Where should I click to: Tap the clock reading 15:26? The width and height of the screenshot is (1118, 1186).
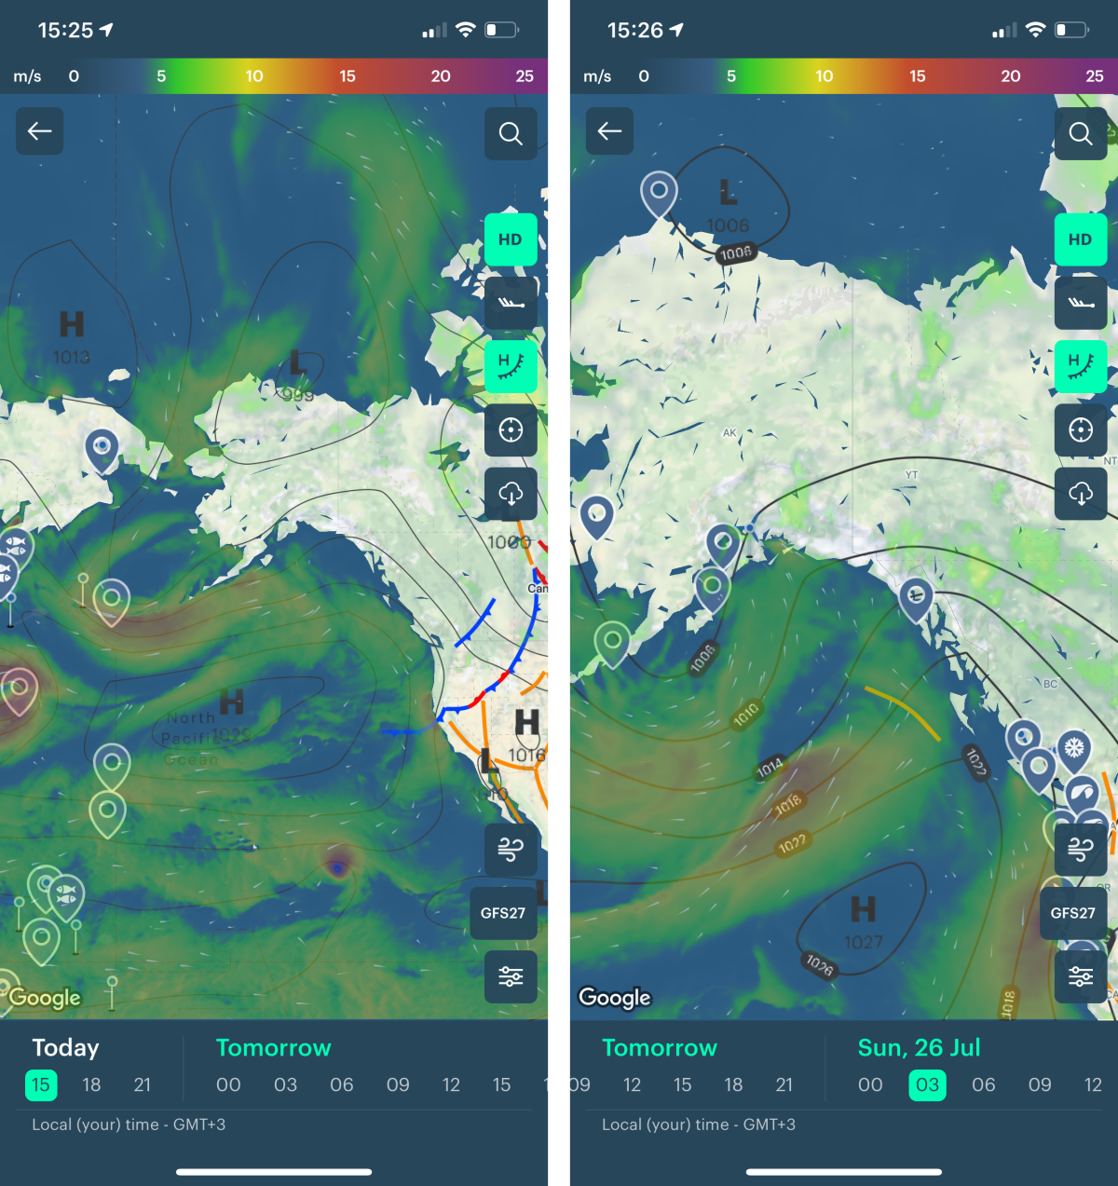coord(636,31)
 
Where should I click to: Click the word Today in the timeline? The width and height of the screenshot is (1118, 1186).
coord(65,1048)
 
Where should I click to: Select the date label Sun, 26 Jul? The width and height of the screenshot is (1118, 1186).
coord(919,1048)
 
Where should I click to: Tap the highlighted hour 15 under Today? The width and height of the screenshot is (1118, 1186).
coord(41,1084)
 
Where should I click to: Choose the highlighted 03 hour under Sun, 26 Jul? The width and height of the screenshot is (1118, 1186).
coord(927,1084)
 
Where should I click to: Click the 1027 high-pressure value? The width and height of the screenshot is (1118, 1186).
coord(863,943)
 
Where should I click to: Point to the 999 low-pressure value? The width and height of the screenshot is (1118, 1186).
coord(298,395)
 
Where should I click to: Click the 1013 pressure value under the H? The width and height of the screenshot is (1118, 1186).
coord(72,357)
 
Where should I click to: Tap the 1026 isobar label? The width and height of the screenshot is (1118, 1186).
coord(820,965)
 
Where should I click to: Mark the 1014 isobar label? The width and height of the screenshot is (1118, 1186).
coord(770,768)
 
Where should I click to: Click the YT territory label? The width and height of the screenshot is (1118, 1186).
coord(911,475)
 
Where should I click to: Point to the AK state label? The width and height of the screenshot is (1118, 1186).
coord(729,433)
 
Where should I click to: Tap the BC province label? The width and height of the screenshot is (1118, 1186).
coord(1050,684)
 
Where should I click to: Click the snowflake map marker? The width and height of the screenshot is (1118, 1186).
coord(1074,747)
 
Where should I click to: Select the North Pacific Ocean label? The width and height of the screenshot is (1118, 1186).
coord(192,739)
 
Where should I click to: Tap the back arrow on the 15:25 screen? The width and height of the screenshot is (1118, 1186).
coord(40,131)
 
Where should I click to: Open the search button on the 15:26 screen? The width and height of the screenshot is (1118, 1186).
coord(1081,133)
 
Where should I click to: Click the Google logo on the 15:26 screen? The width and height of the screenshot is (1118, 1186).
coord(615,998)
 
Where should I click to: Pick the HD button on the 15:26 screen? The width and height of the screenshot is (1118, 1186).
coord(1081,239)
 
